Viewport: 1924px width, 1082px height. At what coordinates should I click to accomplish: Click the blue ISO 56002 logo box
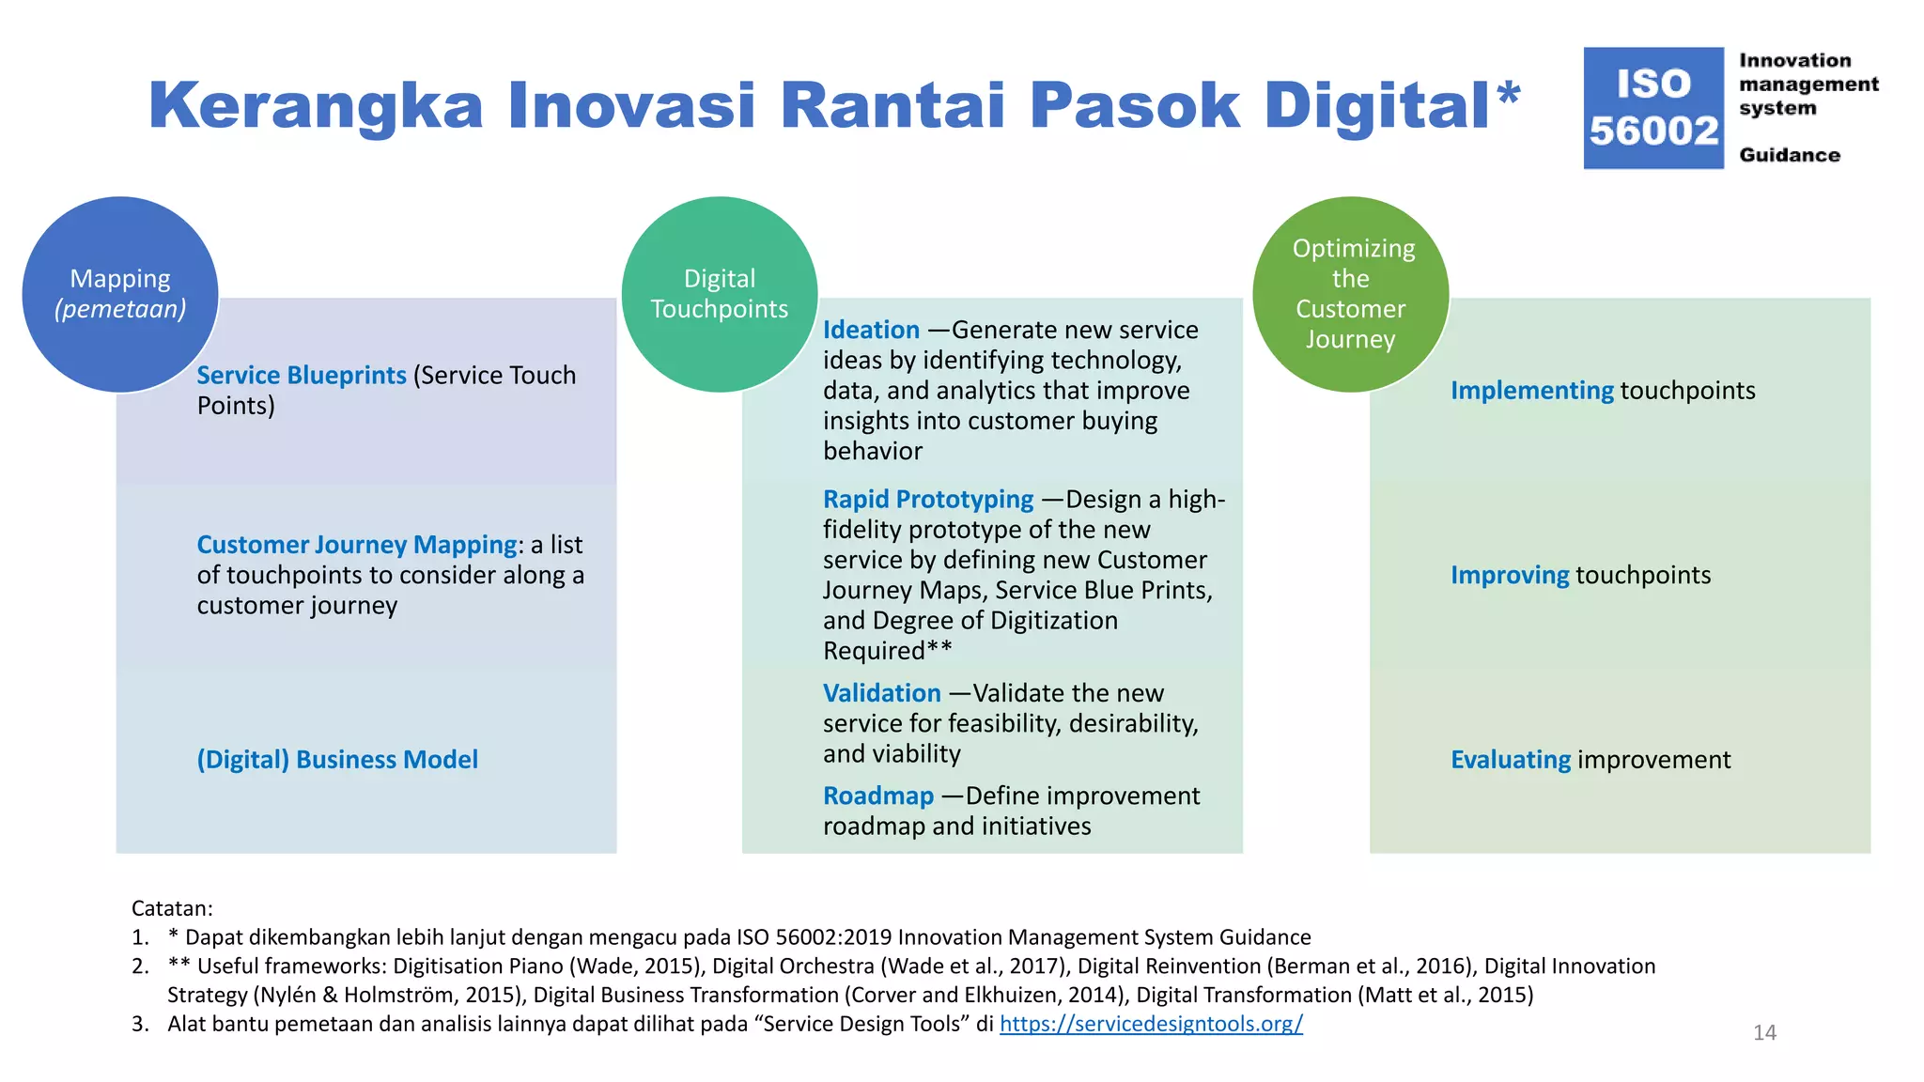pos(1652,108)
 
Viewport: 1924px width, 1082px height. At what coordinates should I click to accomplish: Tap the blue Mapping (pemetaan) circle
pos(120,294)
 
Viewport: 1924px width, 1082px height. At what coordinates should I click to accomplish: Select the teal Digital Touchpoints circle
pos(719,294)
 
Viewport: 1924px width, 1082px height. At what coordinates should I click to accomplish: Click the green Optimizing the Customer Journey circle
pos(1350,294)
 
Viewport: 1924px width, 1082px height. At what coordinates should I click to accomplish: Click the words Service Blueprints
pos(301,375)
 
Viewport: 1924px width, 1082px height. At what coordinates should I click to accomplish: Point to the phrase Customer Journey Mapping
pos(356,545)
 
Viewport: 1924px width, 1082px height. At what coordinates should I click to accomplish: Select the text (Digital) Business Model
pos(337,759)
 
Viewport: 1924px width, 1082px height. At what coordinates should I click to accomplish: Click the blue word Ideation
pos(871,330)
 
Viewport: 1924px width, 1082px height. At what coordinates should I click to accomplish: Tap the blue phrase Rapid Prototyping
pos(927,499)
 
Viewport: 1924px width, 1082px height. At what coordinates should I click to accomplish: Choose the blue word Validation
pos(881,693)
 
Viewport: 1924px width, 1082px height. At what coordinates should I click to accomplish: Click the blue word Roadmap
pos(877,796)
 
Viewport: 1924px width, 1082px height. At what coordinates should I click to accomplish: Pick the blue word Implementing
pos(1531,390)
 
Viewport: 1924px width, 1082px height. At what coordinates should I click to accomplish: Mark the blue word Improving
pos(1509,575)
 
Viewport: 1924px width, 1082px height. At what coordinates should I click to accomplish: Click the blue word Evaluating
pos(1510,759)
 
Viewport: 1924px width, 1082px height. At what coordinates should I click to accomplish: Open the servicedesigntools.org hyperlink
pos(1150,1024)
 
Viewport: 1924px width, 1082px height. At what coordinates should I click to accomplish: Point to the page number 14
pos(1764,1032)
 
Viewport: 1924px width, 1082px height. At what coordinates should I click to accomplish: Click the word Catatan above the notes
pos(171,908)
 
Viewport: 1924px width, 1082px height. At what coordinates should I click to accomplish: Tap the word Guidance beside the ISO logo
pos(1789,155)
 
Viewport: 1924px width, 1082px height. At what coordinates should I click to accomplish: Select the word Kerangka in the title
pos(315,105)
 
